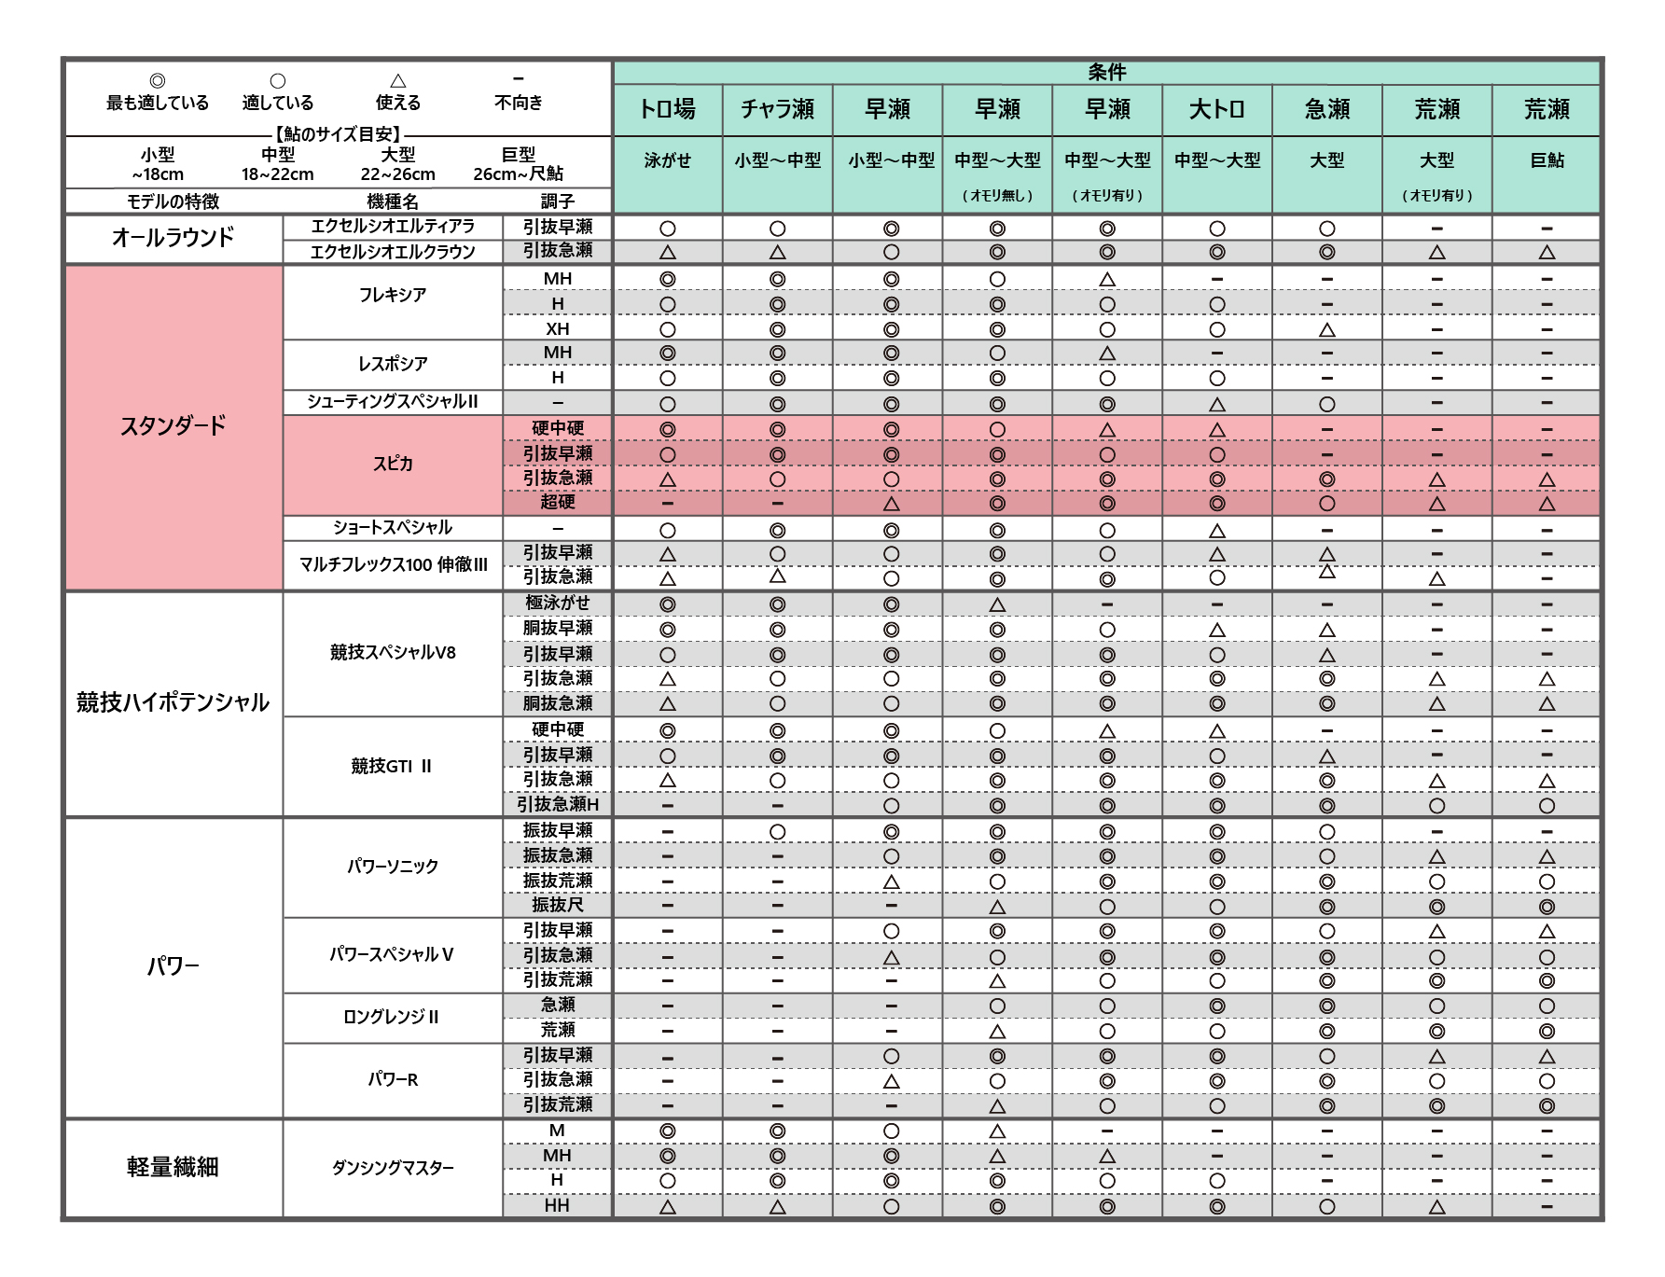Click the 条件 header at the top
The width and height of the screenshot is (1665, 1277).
pos(1106,72)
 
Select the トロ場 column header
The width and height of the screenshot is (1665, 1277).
pos(667,109)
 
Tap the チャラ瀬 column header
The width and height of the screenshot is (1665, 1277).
pos(777,109)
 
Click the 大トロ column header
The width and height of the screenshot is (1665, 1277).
pos(1216,109)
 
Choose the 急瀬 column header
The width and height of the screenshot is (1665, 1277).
pos(1326,109)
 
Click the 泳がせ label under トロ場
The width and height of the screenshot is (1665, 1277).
pos(667,160)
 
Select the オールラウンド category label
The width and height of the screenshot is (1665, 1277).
pos(173,238)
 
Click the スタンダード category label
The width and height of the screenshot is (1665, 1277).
pos(173,426)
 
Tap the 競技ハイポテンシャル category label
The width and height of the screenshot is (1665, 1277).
pos(173,702)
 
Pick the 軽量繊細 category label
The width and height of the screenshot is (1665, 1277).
pos(173,1167)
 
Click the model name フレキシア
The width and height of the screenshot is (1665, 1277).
pos(393,295)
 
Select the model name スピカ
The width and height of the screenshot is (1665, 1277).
pos(393,464)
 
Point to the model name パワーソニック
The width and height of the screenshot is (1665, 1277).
pos(393,867)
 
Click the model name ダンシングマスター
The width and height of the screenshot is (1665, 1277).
pos(393,1167)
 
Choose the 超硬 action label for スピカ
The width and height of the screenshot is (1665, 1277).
pos(558,502)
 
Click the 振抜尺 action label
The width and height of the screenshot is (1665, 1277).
pos(558,905)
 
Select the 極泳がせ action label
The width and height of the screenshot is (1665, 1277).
pos(558,603)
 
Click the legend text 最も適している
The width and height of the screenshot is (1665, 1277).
pos(158,103)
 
